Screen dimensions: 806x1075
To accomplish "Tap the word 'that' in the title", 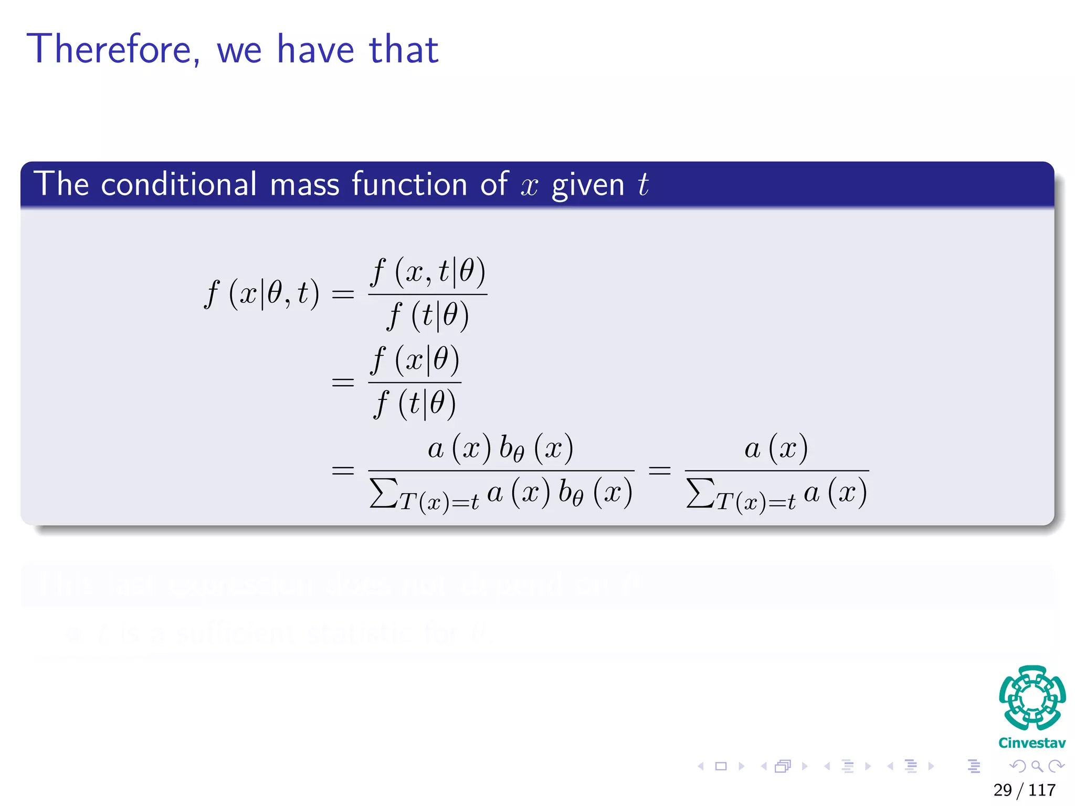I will (x=404, y=49).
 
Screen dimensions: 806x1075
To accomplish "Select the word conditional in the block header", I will (x=178, y=184).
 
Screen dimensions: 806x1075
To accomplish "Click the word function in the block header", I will (x=409, y=184).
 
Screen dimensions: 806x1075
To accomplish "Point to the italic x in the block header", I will (x=530, y=186).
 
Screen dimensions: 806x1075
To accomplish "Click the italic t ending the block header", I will (x=643, y=185).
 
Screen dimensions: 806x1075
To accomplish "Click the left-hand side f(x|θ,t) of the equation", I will (x=261, y=293).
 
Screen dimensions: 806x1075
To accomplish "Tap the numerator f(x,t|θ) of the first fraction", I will (x=428, y=272).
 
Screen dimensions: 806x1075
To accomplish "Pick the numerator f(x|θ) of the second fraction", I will (x=415, y=360).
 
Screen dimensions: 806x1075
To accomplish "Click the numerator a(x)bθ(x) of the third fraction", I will (x=500, y=449).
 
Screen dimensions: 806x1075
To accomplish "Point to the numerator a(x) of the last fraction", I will (x=776, y=449).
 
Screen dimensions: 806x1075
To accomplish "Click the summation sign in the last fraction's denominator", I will (x=700, y=493).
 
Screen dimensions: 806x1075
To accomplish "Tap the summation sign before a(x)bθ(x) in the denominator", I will (x=383, y=493).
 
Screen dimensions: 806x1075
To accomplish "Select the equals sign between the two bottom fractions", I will (x=659, y=470).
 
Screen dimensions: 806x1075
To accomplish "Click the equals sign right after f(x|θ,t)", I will (x=343, y=294).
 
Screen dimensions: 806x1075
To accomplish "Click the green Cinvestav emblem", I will (x=1032, y=698).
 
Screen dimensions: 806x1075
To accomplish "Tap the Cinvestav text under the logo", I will (x=1032, y=743).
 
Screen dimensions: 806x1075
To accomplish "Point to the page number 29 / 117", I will (x=1024, y=790).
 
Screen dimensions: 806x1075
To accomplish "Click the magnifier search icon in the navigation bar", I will (x=1037, y=766).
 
